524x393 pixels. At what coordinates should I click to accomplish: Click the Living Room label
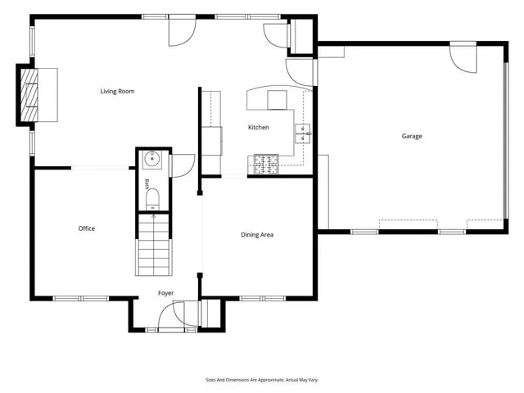click(x=117, y=91)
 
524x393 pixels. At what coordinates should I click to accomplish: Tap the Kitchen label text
click(x=259, y=128)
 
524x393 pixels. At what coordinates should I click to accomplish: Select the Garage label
click(x=412, y=137)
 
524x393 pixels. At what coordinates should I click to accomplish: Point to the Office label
click(x=87, y=228)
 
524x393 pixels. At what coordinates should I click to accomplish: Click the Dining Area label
click(x=257, y=235)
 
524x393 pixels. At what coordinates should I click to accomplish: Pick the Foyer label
click(x=165, y=293)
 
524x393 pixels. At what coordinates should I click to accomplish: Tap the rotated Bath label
click(x=147, y=184)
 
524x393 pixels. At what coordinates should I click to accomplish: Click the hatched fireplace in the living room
click(x=29, y=95)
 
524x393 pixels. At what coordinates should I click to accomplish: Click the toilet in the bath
click(x=153, y=200)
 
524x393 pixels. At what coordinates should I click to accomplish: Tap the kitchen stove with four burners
click(x=266, y=164)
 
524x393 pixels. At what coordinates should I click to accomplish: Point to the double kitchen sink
click(x=302, y=133)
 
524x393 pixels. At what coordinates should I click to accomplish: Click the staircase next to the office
click(x=154, y=245)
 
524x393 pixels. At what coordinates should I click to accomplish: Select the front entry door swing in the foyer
click(x=171, y=314)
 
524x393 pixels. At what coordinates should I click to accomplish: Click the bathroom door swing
click(x=183, y=165)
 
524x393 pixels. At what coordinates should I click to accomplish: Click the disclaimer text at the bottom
click(x=262, y=380)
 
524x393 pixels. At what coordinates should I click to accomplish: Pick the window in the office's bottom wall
click(x=81, y=298)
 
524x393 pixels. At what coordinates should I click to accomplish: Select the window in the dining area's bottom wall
click(x=263, y=298)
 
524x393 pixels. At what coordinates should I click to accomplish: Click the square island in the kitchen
click(x=277, y=100)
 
